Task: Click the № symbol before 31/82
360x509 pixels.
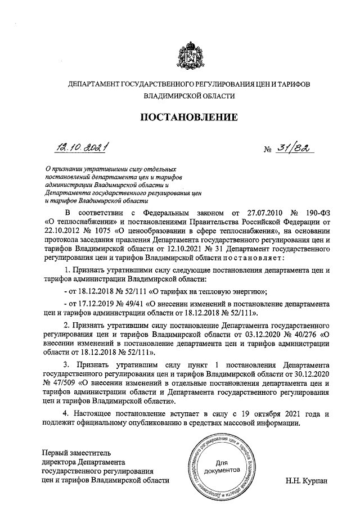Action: coord(268,150)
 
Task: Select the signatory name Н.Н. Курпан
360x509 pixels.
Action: coord(307,481)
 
